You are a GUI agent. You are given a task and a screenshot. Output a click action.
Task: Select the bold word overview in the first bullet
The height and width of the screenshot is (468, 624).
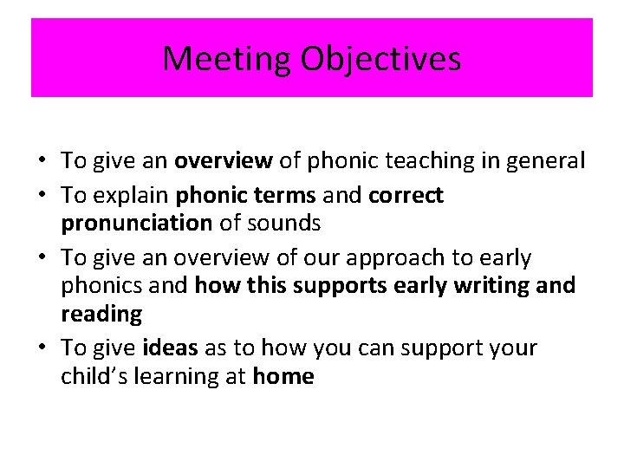[224, 160]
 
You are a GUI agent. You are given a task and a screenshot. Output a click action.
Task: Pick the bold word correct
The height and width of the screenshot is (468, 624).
[406, 196]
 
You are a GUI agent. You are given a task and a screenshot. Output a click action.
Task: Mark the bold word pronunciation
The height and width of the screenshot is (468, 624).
[136, 224]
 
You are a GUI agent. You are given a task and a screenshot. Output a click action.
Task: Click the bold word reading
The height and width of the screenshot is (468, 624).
[101, 314]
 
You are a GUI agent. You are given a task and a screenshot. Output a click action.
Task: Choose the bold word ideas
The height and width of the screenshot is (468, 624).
[169, 348]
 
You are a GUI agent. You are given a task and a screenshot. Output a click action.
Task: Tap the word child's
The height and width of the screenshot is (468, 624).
[92, 376]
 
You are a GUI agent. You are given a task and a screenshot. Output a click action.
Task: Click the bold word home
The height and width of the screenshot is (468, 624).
[283, 376]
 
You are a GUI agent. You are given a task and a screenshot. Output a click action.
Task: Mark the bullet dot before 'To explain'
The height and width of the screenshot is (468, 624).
[41, 196]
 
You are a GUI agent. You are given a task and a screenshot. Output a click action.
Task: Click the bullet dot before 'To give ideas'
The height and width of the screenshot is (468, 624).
[41, 348]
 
